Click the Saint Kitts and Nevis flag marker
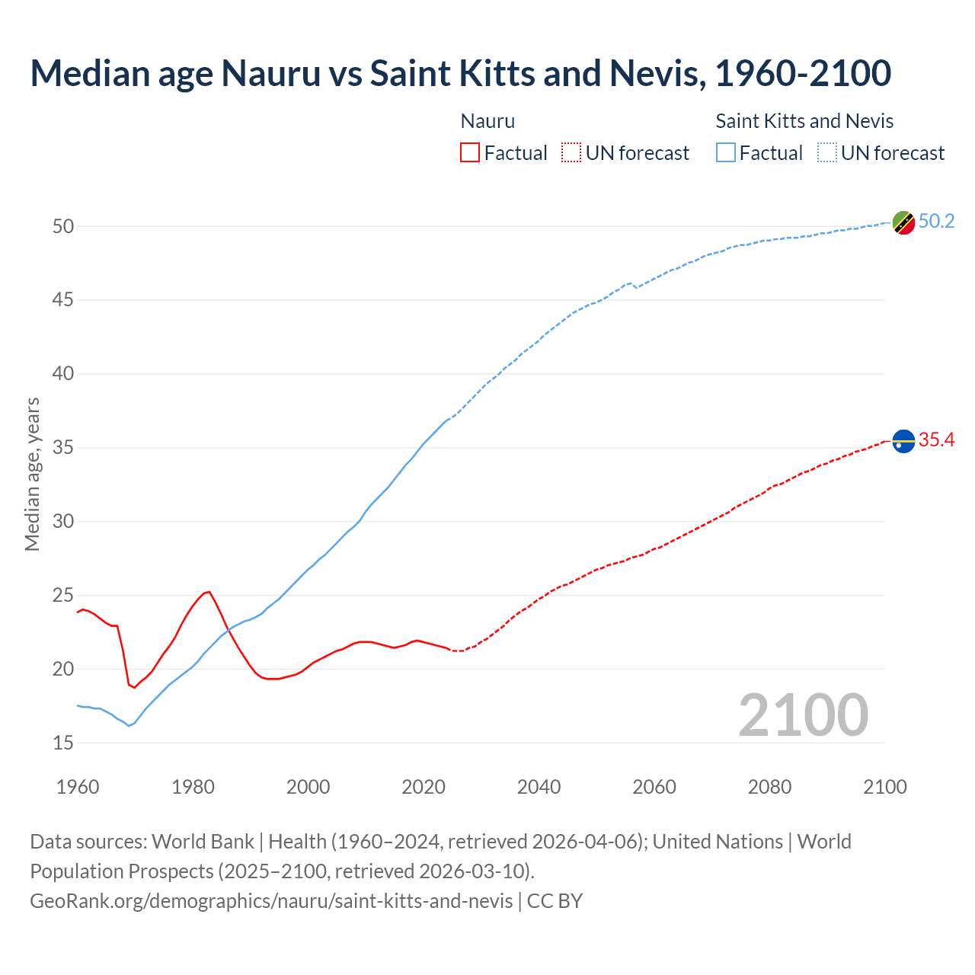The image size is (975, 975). (x=903, y=222)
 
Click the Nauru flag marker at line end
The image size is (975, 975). (x=903, y=441)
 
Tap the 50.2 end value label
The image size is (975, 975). (x=936, y=221)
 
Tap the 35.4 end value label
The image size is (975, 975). (x=936, y=440)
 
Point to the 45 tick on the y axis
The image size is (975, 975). (x=63, y=300)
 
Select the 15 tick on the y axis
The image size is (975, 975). (x=63, y=743)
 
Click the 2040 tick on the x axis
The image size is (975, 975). (x=539, y=787)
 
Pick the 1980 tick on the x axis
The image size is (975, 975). (x=193, y=787)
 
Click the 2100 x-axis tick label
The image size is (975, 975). (x=884, y=787)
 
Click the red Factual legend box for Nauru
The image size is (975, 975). (x=470, y=153)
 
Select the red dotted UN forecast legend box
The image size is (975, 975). (x=571, y=153)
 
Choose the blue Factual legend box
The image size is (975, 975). (x=726, y=153)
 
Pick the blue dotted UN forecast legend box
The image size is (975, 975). (x=827, y=153)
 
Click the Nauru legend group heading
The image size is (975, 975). (x=487, y=121)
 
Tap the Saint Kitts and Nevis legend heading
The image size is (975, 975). (x=804, y=121)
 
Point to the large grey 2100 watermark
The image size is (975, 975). (x=803, y=714)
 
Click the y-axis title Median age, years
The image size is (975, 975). (x=32, y=474)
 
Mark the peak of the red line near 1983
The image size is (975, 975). (x=209, y=591)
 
